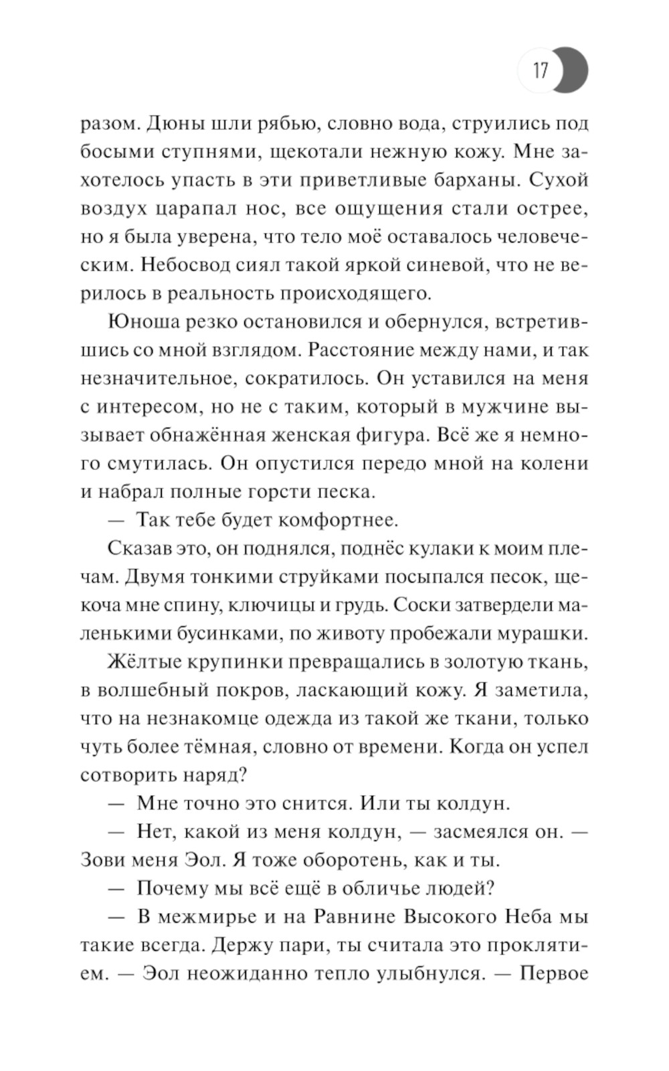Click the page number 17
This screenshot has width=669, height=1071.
541,70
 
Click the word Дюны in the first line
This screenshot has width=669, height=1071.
169,125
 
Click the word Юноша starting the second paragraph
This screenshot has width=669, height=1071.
140,322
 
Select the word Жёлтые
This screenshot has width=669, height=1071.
139,661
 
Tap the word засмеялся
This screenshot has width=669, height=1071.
472,831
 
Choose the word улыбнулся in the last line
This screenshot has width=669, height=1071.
415,973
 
